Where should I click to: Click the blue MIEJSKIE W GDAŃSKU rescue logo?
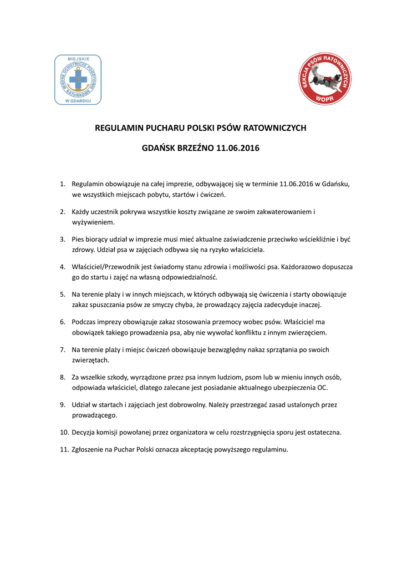pyautogui.click(x=78, y=79)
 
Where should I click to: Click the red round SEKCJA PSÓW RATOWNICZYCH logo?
pyautogui.click(x=324, y=79)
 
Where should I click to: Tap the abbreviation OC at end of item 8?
pyautogui.click(x=323, y=388)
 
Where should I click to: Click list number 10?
pyautogui.click(x=64, y=432)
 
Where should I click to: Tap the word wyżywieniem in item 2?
pyautogui.click(x=93, y=222)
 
